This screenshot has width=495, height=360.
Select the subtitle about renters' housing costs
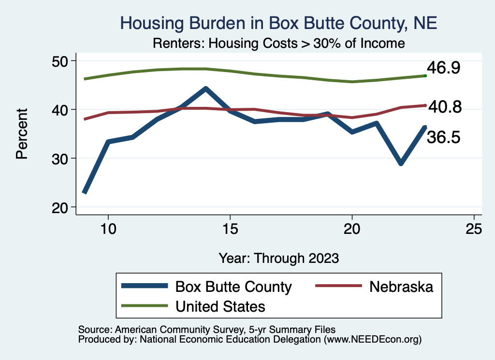tap(278, 43)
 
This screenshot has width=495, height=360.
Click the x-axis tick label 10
tap(108, 229)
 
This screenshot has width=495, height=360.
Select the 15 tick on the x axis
tap(230, 229)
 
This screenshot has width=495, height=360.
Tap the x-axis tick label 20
tap(352, 229)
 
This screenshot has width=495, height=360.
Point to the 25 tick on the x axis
tap(474, 229)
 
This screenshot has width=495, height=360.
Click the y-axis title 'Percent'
tap(22, 134)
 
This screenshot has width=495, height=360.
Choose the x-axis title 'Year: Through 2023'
tap(278, 258)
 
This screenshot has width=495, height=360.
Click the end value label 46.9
tap(443, 68)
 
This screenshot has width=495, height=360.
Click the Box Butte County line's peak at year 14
tap(205, 89)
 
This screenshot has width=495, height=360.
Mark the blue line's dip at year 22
tap(401, 163)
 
